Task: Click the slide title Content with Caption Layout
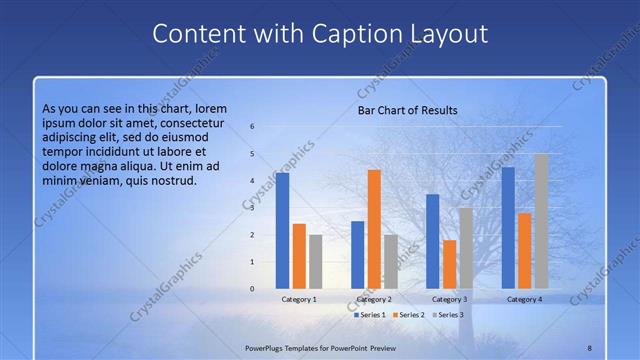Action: coord(320,34)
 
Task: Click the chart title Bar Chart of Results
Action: coord(407,110)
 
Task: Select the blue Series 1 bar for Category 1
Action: coord(282,230)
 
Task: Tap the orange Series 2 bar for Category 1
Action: coord(299,256)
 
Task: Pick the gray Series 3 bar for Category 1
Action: coord(315,261)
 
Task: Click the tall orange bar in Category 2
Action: coord(374,229)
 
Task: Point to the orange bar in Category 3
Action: coord(449,264)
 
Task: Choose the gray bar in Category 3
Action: coord(466,248)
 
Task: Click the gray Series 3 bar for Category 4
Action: coord(541,221)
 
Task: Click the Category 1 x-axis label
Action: coord(299,299)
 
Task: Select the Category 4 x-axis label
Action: coord(524,299)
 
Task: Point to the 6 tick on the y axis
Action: coord(252,127)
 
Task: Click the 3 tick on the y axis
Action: coord(252,208)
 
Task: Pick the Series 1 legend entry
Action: coord(369,315)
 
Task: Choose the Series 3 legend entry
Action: coord(449,315)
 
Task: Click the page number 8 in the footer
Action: coord(589,347)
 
